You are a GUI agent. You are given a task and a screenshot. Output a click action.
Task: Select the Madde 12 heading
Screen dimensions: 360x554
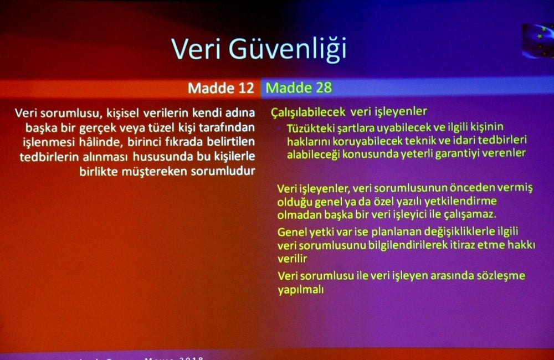pos(220,88)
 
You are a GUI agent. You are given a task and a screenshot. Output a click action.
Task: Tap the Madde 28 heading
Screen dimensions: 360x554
pos(299,88)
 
